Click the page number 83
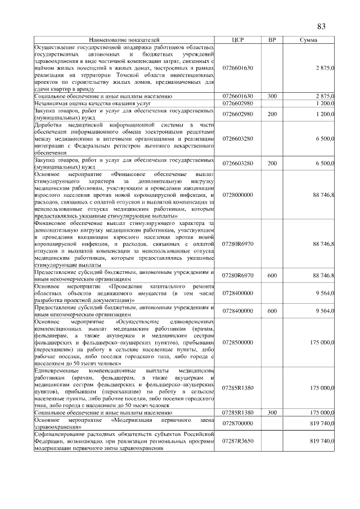point(322,27)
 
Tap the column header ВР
point(272,41)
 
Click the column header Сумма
point(308,41)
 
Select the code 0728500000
point(237,342)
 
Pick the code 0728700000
point(237,422)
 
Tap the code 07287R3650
point(237,441)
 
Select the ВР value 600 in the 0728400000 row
point(272,310)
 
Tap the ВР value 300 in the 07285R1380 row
point(272,412)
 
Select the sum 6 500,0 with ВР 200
point(325,163)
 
